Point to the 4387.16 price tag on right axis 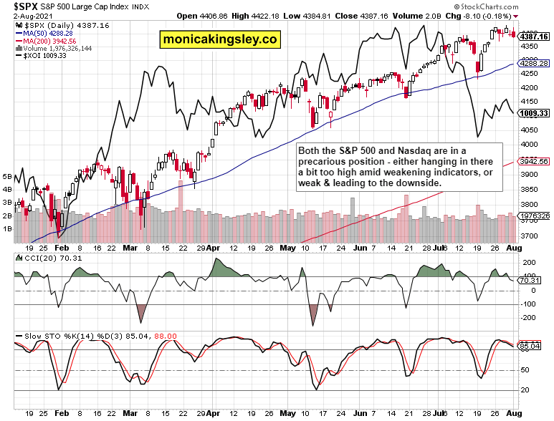click(x=534, y=37)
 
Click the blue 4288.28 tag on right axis click(x=534, y=64)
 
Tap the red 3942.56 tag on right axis click(x=534, y=162)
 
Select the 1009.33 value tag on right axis click(x=534, y=112)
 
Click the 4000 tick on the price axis click(x=530, y=145)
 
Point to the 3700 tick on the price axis click(x=530, y=236)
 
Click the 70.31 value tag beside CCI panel click(x=530, y=281)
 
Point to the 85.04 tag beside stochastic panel click(x=530, y=346)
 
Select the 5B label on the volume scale click(x=7, y=176)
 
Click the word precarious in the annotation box click(x=324, y=162)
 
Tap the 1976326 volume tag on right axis click(x=534, y=216)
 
